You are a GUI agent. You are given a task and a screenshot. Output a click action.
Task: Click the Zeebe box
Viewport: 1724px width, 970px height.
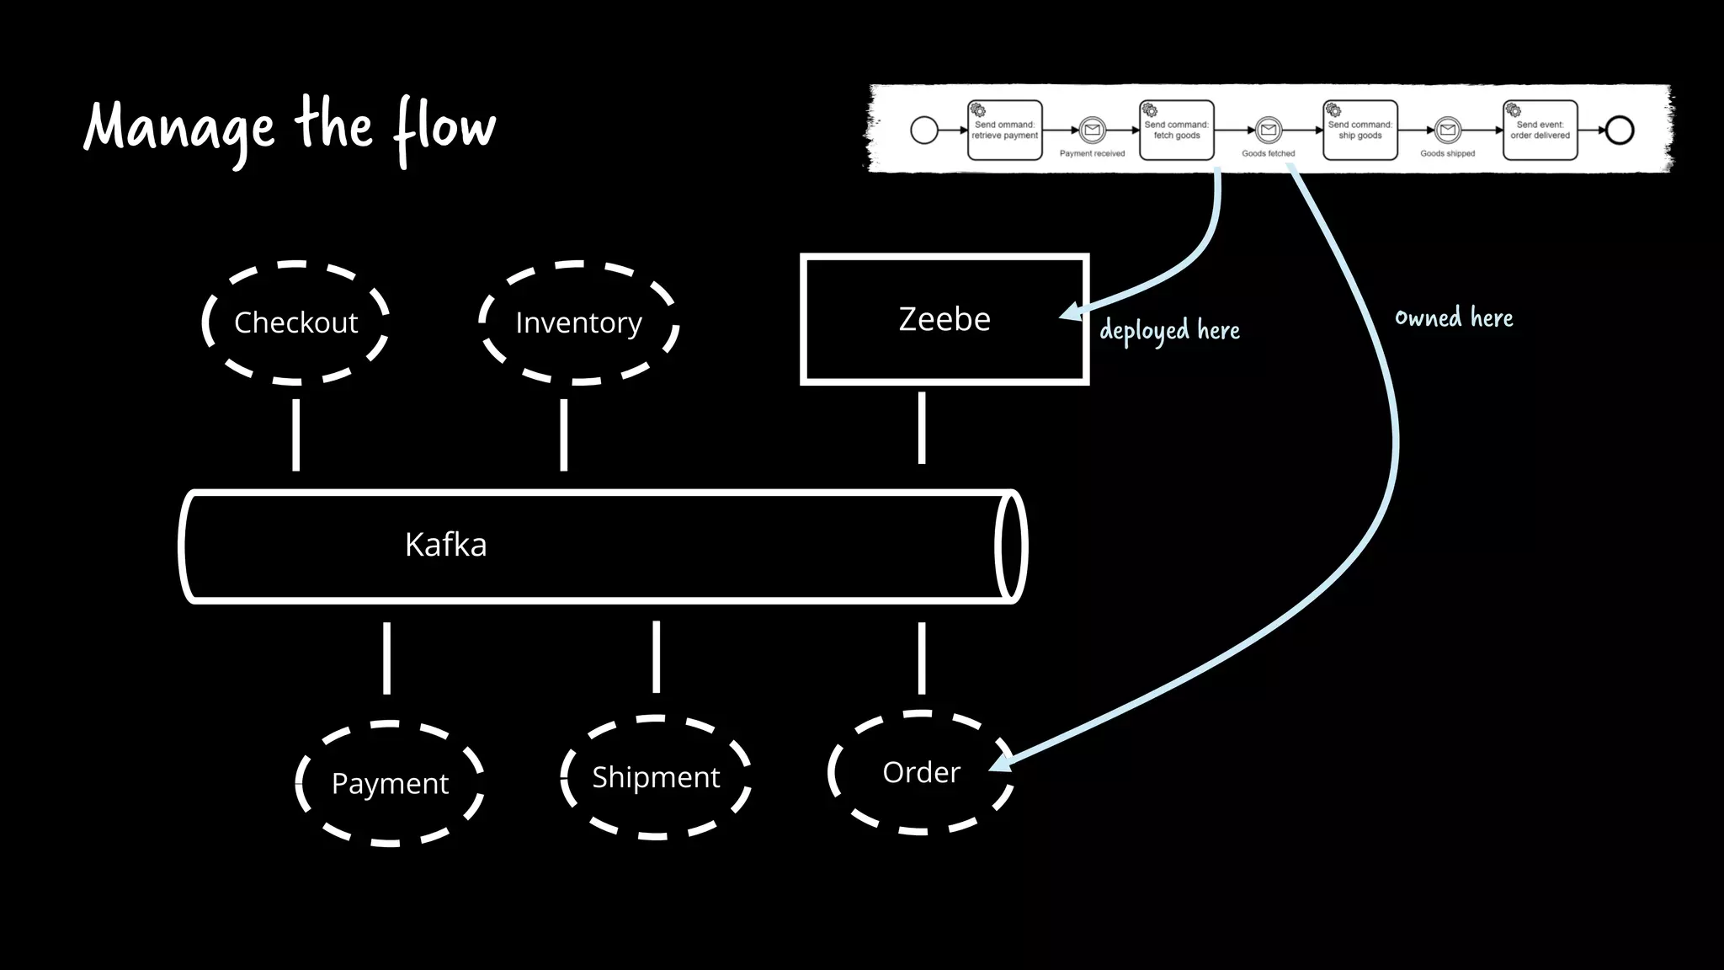click(x=944, y=319)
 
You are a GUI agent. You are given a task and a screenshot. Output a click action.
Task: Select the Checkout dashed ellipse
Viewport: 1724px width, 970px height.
click(x=295, y=322)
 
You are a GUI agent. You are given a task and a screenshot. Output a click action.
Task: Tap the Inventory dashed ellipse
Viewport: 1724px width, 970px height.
click(x=578, y=322)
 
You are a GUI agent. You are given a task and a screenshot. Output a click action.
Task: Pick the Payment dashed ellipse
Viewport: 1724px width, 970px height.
click(x=390, y=783)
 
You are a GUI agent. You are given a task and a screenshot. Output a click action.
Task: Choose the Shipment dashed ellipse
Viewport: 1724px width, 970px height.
click(x=656, y=776)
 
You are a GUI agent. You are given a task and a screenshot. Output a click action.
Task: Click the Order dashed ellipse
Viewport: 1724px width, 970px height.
click(x=921, y=772)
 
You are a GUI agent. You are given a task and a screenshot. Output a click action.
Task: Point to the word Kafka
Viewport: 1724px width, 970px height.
click(x=445, y=545)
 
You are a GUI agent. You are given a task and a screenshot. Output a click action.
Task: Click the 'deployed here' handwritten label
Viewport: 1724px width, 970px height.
click(x=1169, y=330)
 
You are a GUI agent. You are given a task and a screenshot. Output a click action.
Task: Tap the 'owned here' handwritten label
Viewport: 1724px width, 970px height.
click(x=1454, y=317)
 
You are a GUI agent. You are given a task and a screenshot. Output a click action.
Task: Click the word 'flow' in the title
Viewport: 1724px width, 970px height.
click(x=445, y=128)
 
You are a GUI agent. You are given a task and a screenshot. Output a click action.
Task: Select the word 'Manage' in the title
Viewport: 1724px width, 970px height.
click(x=179, y=129)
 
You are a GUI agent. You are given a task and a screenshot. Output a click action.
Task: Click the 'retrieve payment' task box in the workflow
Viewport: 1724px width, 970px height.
click(x=1004, y=130)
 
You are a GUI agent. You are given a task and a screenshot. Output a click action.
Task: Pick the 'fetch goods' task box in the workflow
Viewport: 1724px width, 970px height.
click(x=1176, y=130)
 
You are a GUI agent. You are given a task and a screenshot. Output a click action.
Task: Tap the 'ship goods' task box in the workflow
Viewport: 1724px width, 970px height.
click(x=1360, y=130)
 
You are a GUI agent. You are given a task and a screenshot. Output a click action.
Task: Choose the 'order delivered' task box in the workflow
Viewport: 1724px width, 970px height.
click(x=1540, y=130)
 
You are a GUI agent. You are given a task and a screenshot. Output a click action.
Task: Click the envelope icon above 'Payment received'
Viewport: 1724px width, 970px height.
click(x=1092, y=130)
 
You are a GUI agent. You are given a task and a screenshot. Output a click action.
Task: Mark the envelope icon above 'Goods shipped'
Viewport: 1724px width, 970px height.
click(x=1447, y=130)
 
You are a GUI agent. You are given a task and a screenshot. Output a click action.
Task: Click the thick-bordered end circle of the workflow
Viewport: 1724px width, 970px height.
click(x=1620, y=130)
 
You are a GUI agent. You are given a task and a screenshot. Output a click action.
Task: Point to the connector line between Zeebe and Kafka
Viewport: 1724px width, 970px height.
click(x=921, y=428)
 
